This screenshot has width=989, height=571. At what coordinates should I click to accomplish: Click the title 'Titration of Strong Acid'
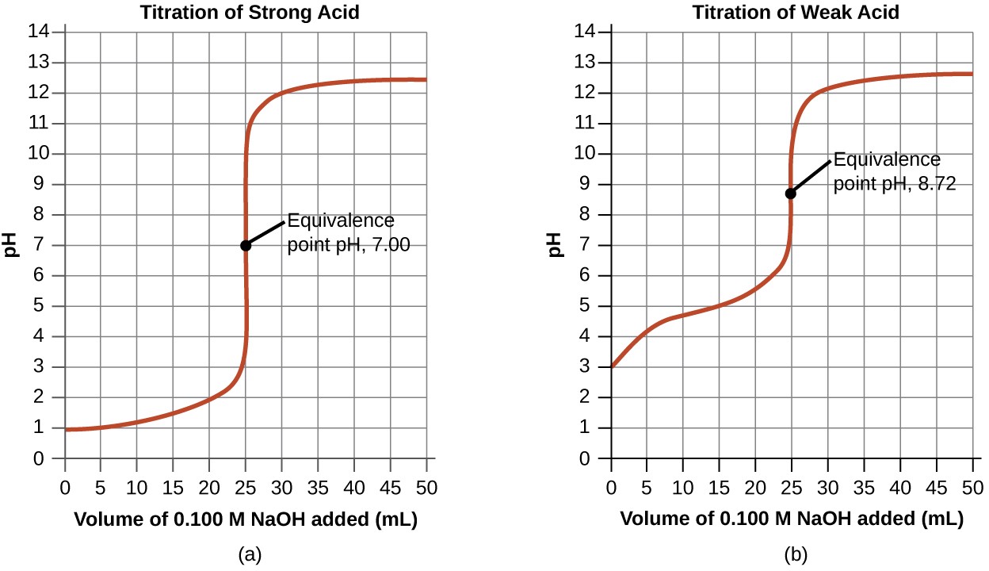[x=245, y=13]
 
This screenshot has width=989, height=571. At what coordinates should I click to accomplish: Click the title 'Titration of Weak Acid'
[x=792, y=13]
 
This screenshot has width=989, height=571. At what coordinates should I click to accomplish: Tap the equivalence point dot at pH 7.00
[x=246, y=245]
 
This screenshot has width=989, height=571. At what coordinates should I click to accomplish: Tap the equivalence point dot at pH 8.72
[x=790, y=193]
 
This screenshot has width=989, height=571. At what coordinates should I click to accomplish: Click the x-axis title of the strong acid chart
[x=245, y=520]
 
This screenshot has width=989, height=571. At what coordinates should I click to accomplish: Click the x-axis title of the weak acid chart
[x=792, y=520]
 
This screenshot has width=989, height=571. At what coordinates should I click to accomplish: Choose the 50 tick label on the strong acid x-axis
[x=426, y=485]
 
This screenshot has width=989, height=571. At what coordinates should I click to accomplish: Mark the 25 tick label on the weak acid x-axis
[x=792, y=485]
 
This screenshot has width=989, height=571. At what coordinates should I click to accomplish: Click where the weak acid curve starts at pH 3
[x=612, y=367]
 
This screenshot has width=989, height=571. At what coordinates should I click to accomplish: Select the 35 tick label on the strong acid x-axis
[x=318, y=485]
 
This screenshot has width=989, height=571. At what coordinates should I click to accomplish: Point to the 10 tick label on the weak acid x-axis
[x=683, y=485]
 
